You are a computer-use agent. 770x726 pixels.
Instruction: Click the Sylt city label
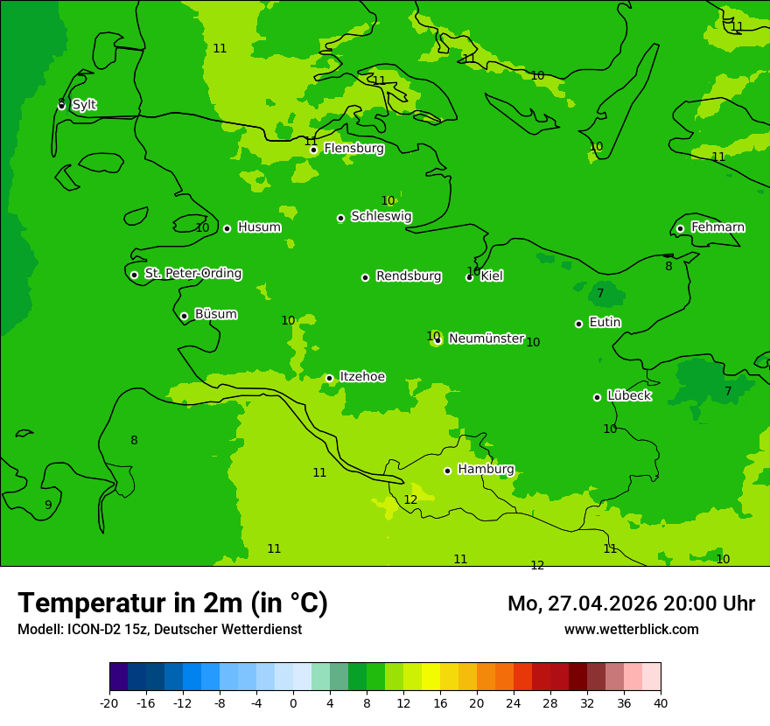click(84, 105)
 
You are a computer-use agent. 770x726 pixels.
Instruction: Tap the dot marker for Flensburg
click(313, 150)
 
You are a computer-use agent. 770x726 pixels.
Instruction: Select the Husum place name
click(259, 227)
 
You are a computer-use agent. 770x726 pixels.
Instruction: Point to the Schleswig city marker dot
click(340, 218)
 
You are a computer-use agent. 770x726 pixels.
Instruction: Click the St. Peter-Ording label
click(192, 274)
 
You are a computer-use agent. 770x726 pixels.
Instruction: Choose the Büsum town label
click(215, 314)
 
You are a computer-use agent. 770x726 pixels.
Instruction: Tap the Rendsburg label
click(409, 276)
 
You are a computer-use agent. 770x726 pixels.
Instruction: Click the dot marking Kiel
click(469, 277)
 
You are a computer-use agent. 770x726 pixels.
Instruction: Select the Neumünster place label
click(486, 339)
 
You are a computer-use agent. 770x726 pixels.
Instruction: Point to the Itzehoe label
click(362, 377)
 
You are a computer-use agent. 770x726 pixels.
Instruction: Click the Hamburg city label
click(486, 470)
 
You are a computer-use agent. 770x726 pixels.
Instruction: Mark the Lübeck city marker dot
click(597, 397)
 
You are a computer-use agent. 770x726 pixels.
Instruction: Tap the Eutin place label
click(605, 323)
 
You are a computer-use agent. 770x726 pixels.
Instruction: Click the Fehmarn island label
click(717, 227)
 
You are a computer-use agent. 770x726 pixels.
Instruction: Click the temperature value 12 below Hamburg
click(410, 499)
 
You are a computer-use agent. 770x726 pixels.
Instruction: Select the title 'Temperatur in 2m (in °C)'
click(172, 604)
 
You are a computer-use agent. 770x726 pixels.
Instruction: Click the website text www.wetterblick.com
click(631, 630)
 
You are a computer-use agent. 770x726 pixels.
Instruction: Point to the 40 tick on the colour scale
click(661, 702)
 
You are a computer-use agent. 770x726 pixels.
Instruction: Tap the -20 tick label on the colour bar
click(108, 702)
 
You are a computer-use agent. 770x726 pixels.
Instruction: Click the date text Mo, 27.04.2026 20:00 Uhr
click(631, 604)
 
